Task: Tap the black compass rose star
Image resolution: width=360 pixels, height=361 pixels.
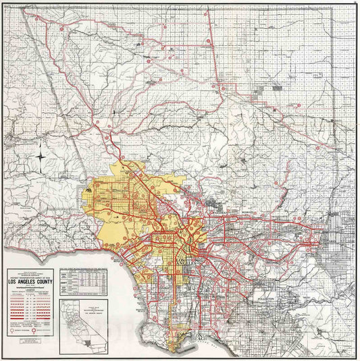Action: coord(42,159)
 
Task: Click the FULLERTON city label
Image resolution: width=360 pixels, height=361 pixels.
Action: coord(268,298)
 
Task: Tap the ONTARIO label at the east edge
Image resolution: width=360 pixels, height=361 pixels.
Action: coord(329,240)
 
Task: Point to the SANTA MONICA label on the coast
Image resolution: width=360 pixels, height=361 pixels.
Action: coord(122,260)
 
